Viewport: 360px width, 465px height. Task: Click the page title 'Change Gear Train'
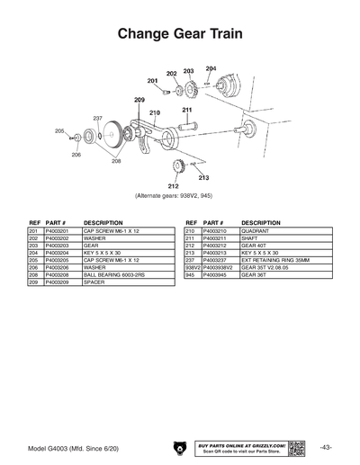click(180, 33)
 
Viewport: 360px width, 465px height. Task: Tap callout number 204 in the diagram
click(211, 68)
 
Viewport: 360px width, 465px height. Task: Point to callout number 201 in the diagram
click(153, 81)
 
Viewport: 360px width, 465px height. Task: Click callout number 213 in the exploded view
click(204, 177)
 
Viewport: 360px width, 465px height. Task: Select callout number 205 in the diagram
click(59, 131)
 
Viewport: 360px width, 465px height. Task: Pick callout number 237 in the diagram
click(97, 118)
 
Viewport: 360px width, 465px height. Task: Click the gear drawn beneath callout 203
click(190, 88)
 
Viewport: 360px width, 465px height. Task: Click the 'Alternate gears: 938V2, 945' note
click(174, 195)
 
